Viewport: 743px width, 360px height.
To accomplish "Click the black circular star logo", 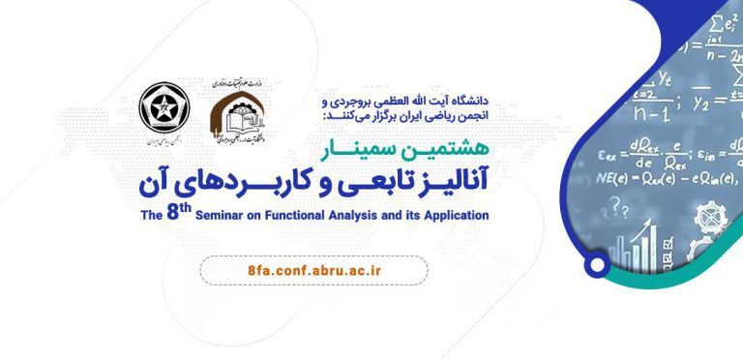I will point(158,105).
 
